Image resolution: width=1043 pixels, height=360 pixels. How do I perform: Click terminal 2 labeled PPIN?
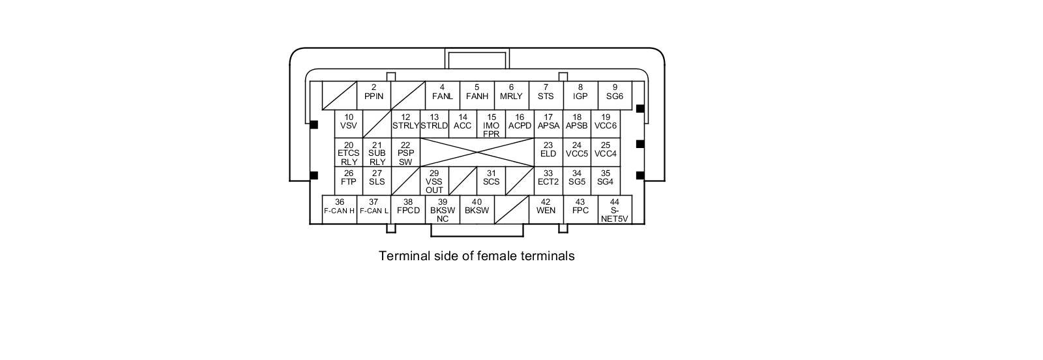click(x=374, y=95)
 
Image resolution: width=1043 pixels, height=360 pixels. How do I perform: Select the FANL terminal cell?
click(x=443, y=95)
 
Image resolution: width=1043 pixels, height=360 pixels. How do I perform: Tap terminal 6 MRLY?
click(x=511, y=95)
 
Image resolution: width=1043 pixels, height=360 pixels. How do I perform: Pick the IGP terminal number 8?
click(x=580, y=95)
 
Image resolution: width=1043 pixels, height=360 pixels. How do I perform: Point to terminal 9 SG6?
click(x=615, y=95)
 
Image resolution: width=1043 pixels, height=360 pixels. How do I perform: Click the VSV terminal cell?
click(x=349, y=124)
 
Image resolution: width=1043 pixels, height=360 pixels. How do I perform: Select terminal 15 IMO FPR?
click(x=492, y=124)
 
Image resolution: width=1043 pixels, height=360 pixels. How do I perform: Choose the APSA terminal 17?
click(x=548, y=124)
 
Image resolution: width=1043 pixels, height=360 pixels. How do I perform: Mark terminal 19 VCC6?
click(x=606, y=124)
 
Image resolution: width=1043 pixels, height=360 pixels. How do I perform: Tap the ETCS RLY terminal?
click(x=349, y=153)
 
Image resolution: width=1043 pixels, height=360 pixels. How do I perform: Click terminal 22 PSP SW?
click(x=405, y=153)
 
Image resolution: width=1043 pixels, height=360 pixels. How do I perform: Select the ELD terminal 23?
click(x=548, y=153)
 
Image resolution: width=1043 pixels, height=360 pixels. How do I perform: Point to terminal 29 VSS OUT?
click(x=434, y=181)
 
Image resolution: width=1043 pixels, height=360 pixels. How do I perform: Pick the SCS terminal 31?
click(x=492, y=181)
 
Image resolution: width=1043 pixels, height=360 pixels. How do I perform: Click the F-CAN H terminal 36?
click(x=340, y=209)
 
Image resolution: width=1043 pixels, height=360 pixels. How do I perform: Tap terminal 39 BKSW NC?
click(x=443, y=209)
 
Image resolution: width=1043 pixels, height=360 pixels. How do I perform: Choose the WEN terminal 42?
click(x=546, y=209)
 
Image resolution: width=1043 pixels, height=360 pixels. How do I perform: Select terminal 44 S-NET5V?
click(x=615, y=209)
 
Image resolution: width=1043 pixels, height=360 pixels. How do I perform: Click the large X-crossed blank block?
click(x=477, y=153)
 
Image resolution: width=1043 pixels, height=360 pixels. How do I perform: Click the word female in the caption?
click(x=497, y=256)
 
